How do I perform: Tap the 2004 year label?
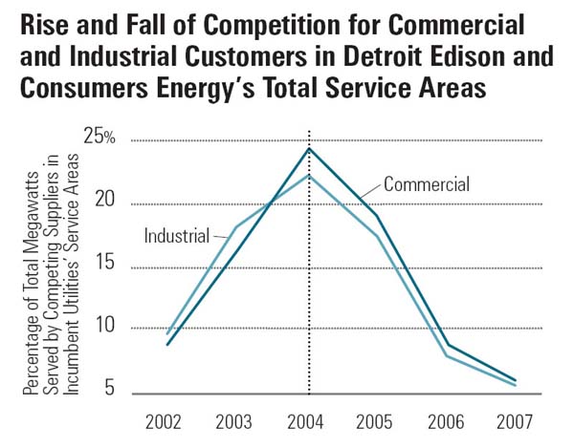pyautogui.click(x=308, y=420)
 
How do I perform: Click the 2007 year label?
pyautogui.click(x=518, y=420)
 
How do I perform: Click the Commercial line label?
pyautogui.click(x=427, y=183)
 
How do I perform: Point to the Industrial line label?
pyautogui.click(x=177, y=235)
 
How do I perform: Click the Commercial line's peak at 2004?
pyautogui.click(x=308, y=148)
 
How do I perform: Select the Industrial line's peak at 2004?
pyautogui.click(x=308, y=175)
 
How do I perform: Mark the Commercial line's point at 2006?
pyautogui.click(x=448, y=345)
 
